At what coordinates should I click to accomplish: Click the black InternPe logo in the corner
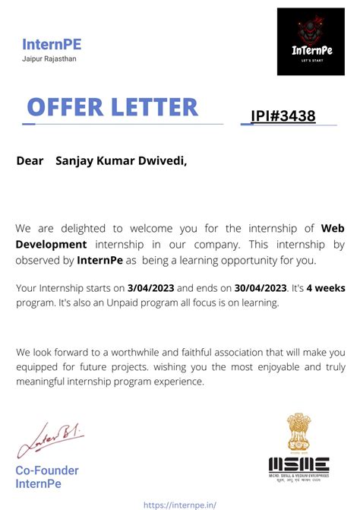[311, 41]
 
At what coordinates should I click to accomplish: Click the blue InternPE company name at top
[51, 44]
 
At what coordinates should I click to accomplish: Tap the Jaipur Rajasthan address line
[49, 59]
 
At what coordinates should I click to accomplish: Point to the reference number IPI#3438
[283, 116]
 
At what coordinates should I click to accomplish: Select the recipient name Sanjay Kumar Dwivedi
[121, 161]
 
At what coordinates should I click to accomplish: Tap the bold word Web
[333, 228]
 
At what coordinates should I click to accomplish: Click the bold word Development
[51, 244]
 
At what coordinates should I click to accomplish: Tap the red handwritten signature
[49, 439]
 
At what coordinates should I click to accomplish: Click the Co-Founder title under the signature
[47, 470]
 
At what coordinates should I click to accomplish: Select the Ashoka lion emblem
[298, 432]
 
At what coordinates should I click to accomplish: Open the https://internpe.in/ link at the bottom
[179, 503]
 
